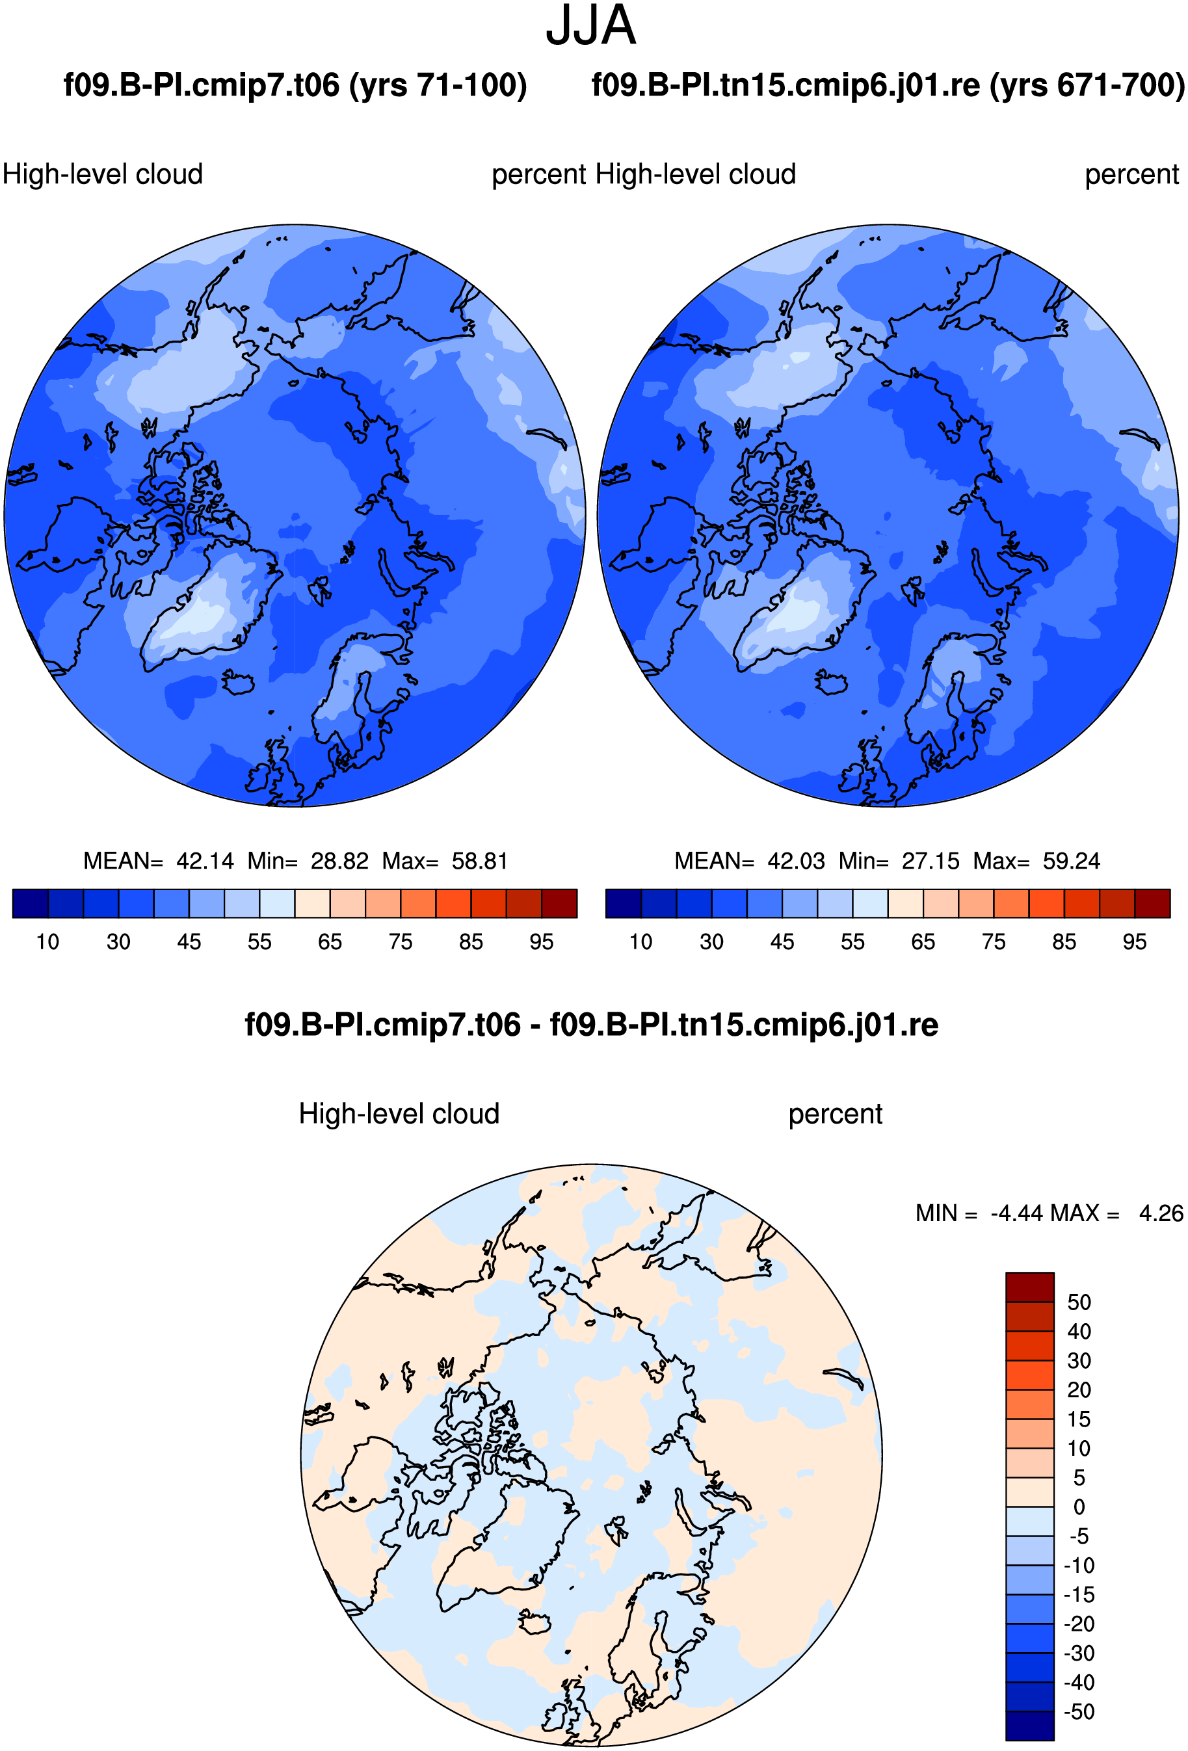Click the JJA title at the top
(x=590, y=25)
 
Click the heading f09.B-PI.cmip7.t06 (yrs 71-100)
(x=295, y=85)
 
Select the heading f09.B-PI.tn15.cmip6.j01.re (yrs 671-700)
(x=888, y=85)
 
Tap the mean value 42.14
(x=205, y=860)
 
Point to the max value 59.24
(x=1071, y=860)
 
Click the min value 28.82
(x=339, y=860)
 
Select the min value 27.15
(x=931, y=860)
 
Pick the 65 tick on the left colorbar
(x=330, y=941)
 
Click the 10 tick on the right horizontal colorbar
(x=641, y=941)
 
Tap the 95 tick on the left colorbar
(x=542, y=941)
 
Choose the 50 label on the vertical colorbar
(x=1079, y=1302)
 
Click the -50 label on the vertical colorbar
(x=1079, y=1711)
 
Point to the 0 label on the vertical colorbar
(x=1079, y=1507)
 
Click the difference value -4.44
(x=1017, y=1213)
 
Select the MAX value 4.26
(x=1161, y=1213)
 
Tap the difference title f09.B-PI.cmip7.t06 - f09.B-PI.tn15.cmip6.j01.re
(x=591, y=1025)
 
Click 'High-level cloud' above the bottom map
(x=399, y=1114)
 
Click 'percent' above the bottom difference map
(x=836, y=1114)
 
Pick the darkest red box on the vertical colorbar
(x=1030, y=1287)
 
